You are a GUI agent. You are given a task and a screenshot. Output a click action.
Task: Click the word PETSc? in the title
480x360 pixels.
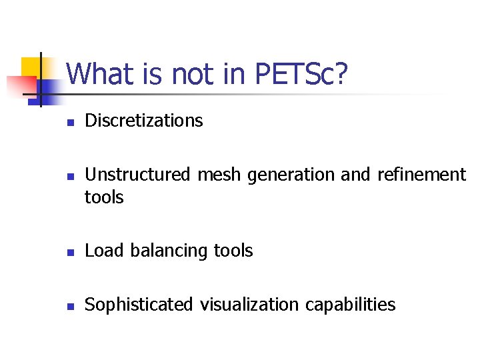pos(301,74)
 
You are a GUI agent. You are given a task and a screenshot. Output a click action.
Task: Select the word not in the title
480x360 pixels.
pos(195,74)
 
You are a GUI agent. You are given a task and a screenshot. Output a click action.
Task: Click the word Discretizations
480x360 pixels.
pos(144,121)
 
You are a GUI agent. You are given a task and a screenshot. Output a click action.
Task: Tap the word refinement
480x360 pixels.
pos(421,175)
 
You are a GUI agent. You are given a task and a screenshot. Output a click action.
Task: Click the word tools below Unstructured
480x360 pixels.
pos(105,197)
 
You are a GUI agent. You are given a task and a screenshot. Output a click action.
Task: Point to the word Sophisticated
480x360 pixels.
pos(138,305)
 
